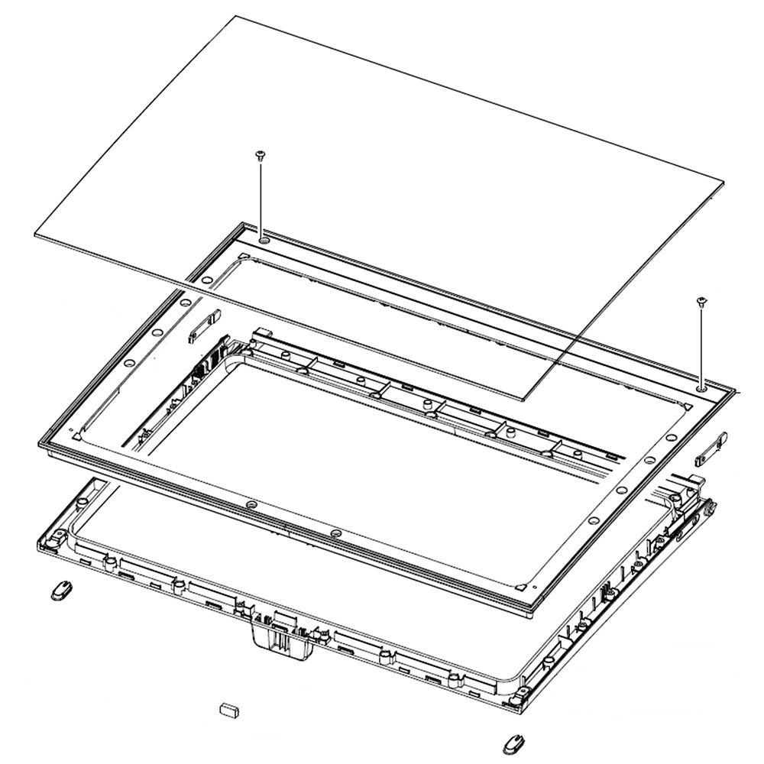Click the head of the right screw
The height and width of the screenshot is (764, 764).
(701, 302)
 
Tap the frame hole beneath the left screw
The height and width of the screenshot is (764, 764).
(264, 240)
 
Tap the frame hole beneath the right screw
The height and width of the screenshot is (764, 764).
(701, 388)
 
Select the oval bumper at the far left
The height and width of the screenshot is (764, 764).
(62, 590)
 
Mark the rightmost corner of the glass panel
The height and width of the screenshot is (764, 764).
(724, 181)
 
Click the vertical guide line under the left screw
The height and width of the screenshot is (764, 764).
(261, 199)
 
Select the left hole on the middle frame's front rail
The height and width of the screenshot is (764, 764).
(251, 505)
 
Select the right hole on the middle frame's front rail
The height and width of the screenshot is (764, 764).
(336, 532)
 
